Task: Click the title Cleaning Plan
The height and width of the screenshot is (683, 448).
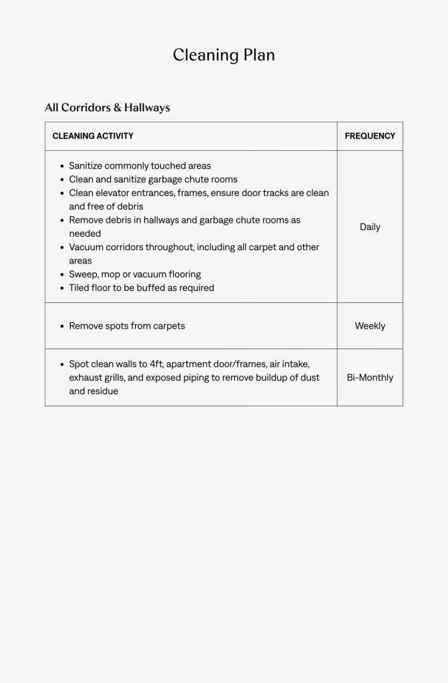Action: click(224, 55)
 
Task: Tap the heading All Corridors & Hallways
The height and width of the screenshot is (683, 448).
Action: click(107, 107)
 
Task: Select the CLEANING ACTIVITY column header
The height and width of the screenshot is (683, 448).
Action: click(93, 136)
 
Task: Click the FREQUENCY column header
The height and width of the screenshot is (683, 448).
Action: click(370, 136)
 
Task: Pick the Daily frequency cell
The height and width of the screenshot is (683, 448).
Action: click(370, 227)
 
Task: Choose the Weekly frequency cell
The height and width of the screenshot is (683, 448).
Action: click(370, 326)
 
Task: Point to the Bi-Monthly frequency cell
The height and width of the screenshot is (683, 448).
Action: click(370, 378)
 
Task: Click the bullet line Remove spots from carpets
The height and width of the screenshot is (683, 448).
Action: click(127, 326)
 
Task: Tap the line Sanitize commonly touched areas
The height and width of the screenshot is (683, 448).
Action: click(140, 166)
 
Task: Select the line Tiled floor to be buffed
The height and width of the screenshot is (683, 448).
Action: click(142, 288)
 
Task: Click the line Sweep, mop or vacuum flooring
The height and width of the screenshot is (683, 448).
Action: click(135, 274)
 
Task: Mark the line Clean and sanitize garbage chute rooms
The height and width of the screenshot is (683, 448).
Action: click(153, 179)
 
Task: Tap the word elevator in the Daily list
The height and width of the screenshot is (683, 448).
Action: click(112, 193)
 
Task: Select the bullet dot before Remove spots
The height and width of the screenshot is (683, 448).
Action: click(62, 327)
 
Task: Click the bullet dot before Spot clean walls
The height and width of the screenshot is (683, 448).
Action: click(62, 365)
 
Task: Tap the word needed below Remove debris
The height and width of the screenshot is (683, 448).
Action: click(85, 234)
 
